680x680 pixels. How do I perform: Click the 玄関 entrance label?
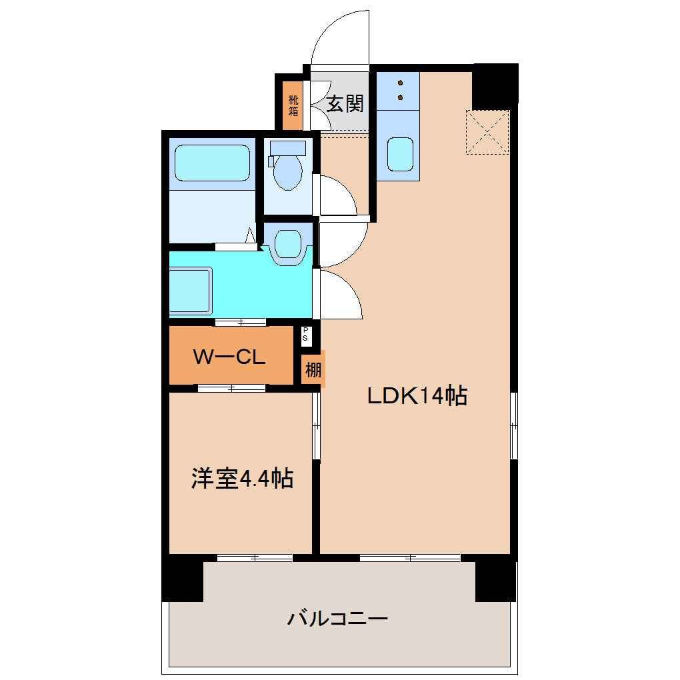345,103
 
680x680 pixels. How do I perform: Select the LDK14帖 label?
417,396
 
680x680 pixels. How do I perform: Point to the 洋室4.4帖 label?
242,478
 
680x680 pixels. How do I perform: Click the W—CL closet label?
229,357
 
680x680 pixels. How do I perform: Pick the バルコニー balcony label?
337,619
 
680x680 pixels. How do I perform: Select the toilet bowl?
288,167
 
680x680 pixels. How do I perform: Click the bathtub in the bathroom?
212,164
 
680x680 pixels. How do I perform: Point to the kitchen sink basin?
398,155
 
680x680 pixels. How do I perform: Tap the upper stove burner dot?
401,83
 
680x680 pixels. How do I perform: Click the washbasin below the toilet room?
288,244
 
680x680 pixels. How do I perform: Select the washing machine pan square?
191,290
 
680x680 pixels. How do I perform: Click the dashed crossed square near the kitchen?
487,133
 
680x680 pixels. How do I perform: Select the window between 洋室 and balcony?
255,557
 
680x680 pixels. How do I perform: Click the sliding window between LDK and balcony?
409,557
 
